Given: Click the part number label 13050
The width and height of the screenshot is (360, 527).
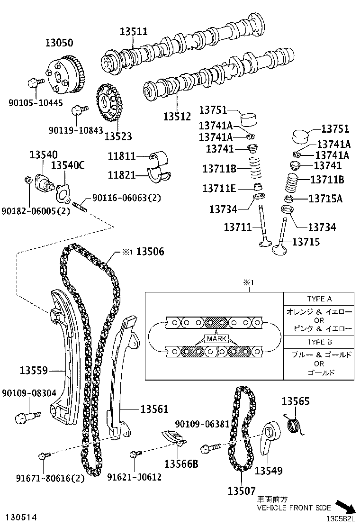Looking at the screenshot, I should coord(59,43).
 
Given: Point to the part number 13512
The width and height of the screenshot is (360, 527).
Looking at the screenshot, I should coord(177,116).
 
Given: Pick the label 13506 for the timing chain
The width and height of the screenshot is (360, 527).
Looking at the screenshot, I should coord(150,252).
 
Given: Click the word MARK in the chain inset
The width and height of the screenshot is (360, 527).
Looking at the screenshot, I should coord(216,339).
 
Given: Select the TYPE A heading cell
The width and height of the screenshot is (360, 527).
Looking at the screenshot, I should coord(319,299).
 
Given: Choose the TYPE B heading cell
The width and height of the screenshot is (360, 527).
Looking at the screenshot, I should coord(319,341).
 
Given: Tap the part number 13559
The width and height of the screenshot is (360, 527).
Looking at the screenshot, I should coord(34,370).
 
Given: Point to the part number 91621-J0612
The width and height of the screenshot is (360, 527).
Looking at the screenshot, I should coord(134,477).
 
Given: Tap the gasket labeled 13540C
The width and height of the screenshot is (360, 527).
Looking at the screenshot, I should coord(62,191).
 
